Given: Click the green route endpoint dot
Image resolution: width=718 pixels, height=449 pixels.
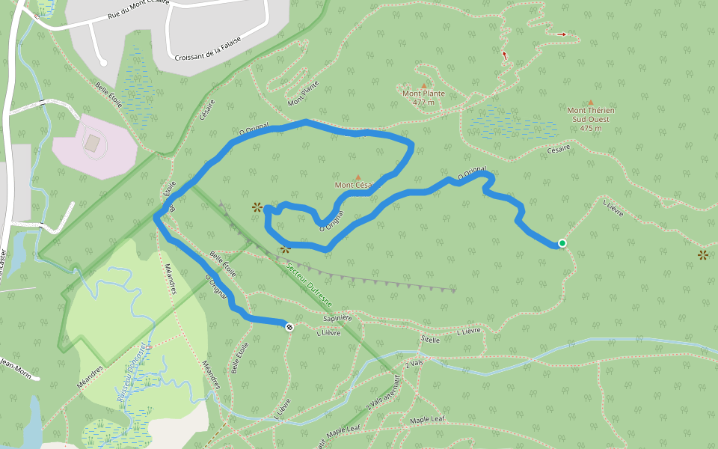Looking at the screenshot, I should coord(562,243).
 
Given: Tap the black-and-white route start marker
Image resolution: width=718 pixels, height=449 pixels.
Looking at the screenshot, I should coord(289,326).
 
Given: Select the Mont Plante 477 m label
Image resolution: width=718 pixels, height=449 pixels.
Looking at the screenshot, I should coord(423,97).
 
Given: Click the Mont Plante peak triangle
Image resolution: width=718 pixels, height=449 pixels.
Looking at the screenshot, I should coord(423,85).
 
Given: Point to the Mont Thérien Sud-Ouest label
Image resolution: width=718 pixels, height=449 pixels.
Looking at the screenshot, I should coord(590,119).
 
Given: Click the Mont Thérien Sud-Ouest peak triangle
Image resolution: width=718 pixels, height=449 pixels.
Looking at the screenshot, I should coord(591,103).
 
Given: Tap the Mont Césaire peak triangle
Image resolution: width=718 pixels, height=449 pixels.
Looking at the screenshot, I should coord(358,177).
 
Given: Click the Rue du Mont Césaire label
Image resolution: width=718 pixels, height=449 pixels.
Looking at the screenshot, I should coord(138,9).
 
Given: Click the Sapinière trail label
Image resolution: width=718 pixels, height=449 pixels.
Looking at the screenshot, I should coord(337,318).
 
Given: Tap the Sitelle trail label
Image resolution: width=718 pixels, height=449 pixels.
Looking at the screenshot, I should coord(430,339).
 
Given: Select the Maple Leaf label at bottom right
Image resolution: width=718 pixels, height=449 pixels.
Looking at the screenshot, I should coord(427,420).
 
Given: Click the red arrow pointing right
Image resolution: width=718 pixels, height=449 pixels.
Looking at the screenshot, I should coord(562,34).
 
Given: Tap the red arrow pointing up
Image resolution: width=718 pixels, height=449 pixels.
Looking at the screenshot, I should coord(505,55).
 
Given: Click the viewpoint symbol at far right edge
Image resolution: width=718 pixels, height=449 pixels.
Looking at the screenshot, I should coord(703,255).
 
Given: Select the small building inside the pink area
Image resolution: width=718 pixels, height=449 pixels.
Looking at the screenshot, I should coord(92,141).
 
